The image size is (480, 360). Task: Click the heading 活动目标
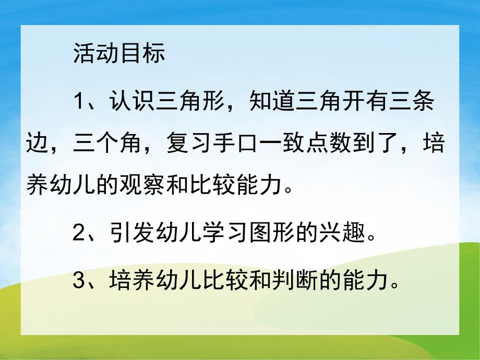click(118, 53)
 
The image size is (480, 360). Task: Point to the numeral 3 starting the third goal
click(79, 282)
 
